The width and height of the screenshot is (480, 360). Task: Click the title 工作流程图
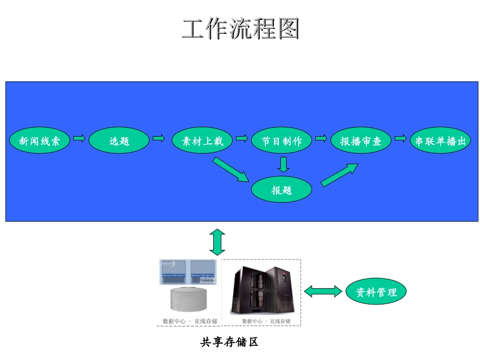pos(240,29)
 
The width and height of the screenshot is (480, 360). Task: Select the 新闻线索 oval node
pos(39,141)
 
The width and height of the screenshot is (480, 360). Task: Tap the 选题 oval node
pos(119,141)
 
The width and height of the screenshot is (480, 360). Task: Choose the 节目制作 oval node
pos(281,141)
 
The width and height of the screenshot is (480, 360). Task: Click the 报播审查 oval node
pos(361,141)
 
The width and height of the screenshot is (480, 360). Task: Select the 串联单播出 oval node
pos(440,141)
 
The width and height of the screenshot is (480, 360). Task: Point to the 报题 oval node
pos(282,190)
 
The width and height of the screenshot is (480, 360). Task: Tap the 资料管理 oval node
pos(376,291)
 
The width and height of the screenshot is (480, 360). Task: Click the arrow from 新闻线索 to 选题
pos(79,138)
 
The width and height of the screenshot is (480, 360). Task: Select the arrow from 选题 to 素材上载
pos(159,138)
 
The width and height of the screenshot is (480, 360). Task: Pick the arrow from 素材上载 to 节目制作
pos(241,138)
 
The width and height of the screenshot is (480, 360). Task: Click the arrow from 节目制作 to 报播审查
pos(321,138)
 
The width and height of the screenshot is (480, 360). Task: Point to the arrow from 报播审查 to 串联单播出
pos(400,138)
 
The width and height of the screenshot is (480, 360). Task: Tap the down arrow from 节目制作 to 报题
pos(283,164)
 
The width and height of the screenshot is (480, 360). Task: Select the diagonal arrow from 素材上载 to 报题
pos(231,170)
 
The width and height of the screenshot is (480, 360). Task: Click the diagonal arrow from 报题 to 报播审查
pos(340,175)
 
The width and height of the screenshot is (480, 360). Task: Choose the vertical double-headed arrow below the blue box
pos(218,242)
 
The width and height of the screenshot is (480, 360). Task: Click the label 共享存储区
pos(229,342)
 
